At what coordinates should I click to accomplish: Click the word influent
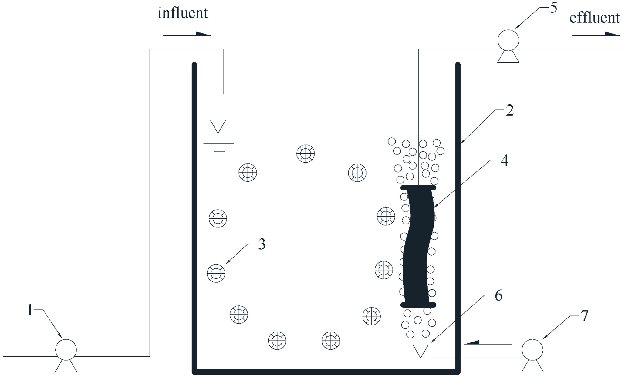[x=183, y=13]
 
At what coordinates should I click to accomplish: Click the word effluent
[x=594, y=18]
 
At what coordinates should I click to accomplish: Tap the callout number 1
[x=30, y=310]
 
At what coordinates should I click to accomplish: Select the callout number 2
[x=510, y=111]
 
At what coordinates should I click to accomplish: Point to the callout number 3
[x=262, y=244]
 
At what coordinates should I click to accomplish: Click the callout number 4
[x=504, y=161]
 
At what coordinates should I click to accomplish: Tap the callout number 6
[x=498, y=295]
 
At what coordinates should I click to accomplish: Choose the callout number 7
[x=584, y=316]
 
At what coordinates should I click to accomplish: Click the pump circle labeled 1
[x=66, y=350]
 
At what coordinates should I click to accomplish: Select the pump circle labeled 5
[x=508, y=40]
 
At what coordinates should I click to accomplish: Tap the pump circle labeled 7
[x=532, y=350]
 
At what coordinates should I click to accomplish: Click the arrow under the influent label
[x=187, y=34]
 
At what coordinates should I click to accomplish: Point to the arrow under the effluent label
[x=596, y=34]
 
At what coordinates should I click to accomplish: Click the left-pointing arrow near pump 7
[x=488, y=343]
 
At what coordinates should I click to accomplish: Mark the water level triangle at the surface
[x=218, y=126]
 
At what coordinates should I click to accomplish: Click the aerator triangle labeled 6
[x=421, y=350]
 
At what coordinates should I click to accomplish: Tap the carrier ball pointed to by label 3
[x=216, y=273]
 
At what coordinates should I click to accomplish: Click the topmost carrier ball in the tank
[x=306, y=153]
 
